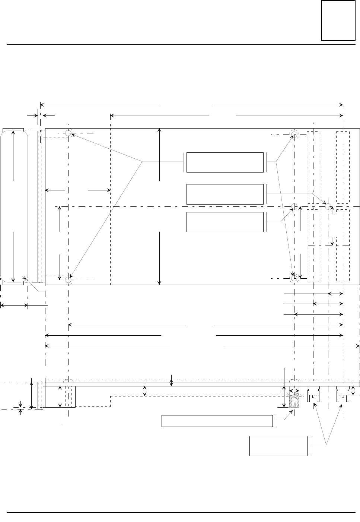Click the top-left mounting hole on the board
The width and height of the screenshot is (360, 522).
(x=69, y=133)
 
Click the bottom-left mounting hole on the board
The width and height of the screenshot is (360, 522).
(x=69, y=280)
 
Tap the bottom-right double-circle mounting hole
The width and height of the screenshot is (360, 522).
(x=294, y=278)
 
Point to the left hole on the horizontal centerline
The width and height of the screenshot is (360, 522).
(x=294, y=206)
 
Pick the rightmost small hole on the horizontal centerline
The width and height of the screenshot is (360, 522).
(x=328, y=206)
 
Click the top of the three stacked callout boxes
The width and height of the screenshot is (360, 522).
(x=224, y=162)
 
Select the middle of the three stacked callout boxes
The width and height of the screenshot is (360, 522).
(x=224, y=194)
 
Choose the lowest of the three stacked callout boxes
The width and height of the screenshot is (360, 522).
(x=224, y=222)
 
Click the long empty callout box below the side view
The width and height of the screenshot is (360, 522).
(x=217, y=421)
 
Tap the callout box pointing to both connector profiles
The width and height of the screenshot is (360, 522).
(x=278, y=446)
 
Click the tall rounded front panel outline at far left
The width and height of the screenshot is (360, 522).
(x=14, y=206)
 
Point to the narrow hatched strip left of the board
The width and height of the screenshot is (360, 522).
(x=39, y=206)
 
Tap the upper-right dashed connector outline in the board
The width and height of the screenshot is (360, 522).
(x=343, y=167)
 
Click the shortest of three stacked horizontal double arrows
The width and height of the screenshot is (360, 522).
(x=335, y=294)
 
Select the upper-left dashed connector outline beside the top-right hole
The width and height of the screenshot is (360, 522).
(x=313, y=167)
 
